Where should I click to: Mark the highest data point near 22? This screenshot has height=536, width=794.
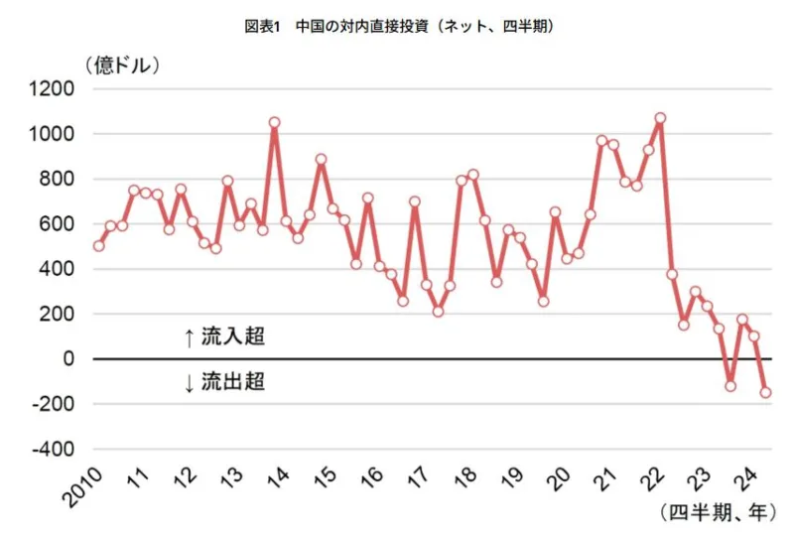pyautogui.click(x=660, y=118)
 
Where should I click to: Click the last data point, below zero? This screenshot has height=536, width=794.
pyautogui.click(x=766, y=392)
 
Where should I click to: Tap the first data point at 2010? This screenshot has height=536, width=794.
pyautogui.click(x=98, y=246)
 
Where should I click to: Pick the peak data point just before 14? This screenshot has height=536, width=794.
pyautogui.click(x=274, y=122)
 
